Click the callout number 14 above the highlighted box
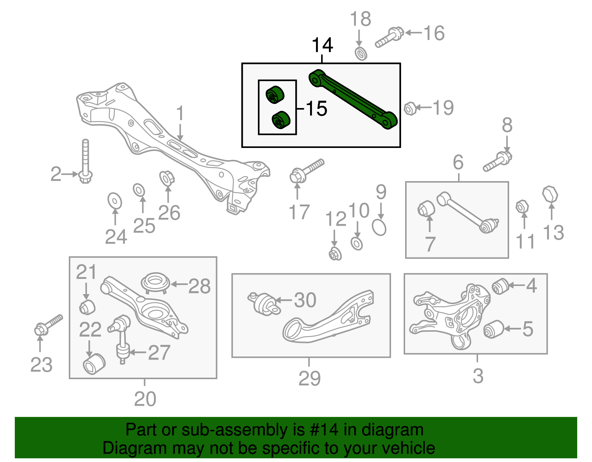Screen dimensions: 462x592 tap(322, 45)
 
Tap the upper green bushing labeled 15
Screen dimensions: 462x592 tap(275, 95)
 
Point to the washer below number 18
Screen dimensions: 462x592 tap(361, 54)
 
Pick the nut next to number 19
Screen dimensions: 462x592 tap(410, 109)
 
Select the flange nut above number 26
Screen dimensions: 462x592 tap(167, 178)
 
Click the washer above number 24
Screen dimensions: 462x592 tap(115, 201)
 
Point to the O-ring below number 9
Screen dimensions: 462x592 tap(379, 227)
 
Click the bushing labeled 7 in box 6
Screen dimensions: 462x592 tap(426, 208)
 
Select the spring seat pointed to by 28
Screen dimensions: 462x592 tap(155, 283)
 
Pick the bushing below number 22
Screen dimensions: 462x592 tap(94, 364)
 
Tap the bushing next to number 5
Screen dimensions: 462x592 tap(494, 329)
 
